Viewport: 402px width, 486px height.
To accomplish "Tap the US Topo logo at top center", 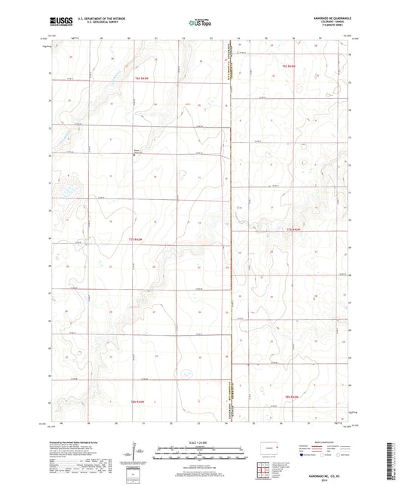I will [198, 23].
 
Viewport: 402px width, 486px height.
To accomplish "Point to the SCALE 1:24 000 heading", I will [200, 441].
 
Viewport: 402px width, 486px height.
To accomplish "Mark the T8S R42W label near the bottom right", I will [290, 396].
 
